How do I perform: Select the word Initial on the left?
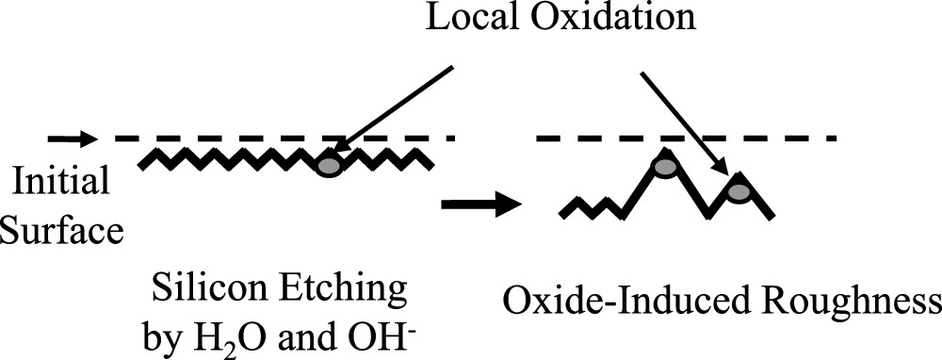56,182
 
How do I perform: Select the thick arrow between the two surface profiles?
480,203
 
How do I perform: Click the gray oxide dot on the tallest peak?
665,167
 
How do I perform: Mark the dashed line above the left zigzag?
283,139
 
